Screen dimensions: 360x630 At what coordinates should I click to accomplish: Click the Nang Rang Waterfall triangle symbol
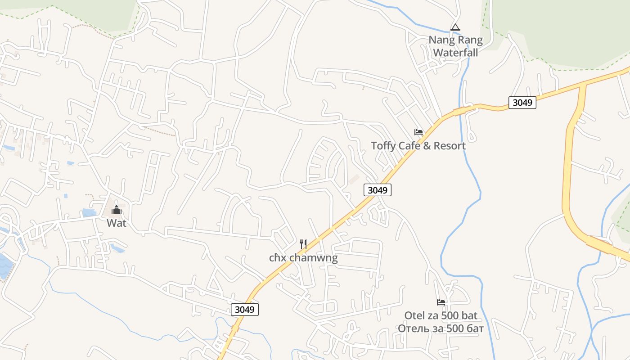(455, 27)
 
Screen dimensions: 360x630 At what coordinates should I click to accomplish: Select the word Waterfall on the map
(455, 52)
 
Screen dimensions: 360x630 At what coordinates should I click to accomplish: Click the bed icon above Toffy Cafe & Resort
(418, 132)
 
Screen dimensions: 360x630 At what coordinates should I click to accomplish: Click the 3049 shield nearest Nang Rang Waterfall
(522, 103)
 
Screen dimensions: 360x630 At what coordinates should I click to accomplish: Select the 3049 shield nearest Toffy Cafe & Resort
(378, 190)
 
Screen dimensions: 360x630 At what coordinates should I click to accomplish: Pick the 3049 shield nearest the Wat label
(245, 310)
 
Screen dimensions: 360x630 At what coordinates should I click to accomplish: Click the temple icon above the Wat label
(117, 210)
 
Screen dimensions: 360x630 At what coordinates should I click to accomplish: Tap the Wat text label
(117, 223)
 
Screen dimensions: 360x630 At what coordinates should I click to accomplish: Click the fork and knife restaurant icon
(303, 244)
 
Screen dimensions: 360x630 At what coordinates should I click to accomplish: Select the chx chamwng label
(303, 258)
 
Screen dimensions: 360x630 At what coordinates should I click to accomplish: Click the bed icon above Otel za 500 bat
(441, 302)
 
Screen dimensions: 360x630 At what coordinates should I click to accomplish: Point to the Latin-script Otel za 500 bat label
(441, 315)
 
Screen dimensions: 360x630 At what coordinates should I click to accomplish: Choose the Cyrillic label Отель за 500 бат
(441, 328)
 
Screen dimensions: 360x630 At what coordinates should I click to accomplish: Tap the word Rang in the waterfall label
(471, 40)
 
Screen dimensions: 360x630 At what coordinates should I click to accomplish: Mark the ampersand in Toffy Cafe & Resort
(427, 146)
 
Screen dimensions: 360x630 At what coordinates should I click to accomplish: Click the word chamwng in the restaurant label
(313, 258)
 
